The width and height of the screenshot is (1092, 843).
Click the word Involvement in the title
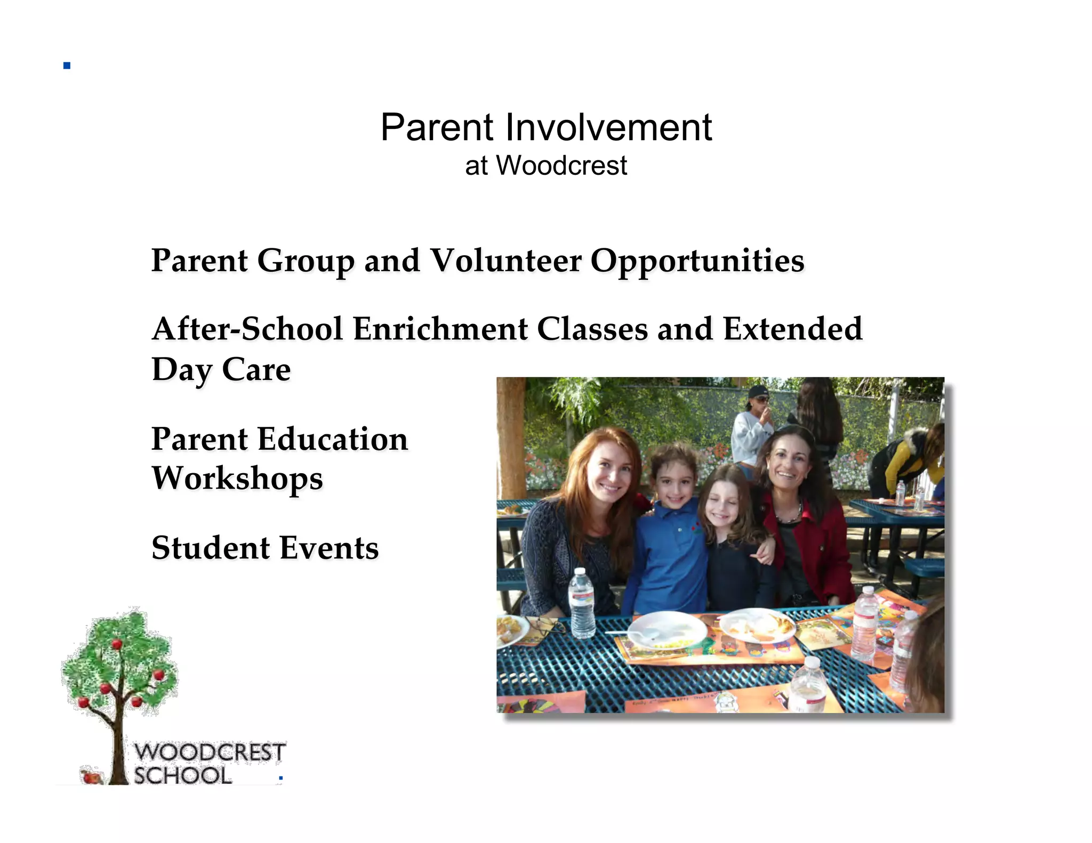coord(608,128)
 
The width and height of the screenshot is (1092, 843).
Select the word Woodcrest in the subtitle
coord(562,166)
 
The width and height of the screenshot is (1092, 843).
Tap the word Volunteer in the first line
coord(505,261)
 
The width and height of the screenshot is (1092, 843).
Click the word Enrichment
coord(440,329)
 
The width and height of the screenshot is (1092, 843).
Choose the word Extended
coord(792,329)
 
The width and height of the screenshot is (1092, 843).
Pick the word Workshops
coord(237,479)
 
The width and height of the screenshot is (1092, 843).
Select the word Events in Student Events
coord(329,548)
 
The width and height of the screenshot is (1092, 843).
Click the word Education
coord(333,440)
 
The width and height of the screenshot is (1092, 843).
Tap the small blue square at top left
coord(67,66)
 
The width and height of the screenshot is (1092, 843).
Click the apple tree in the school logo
coord(118,671)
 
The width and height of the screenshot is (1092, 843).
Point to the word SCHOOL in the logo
coord(183,775)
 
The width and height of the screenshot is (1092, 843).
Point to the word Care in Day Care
coord(256,369)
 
